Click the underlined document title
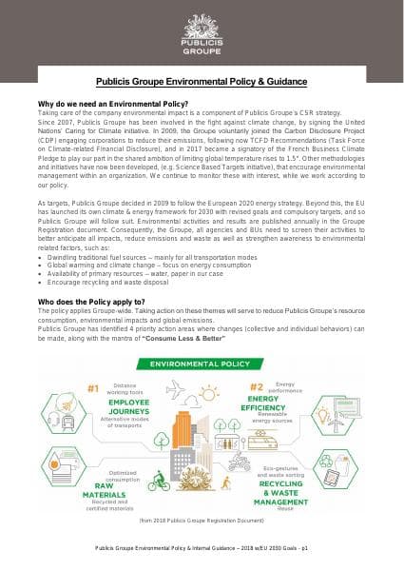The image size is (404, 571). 202,83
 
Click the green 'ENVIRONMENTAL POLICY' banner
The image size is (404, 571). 202,364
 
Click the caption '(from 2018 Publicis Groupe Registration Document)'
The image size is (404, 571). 202,522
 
